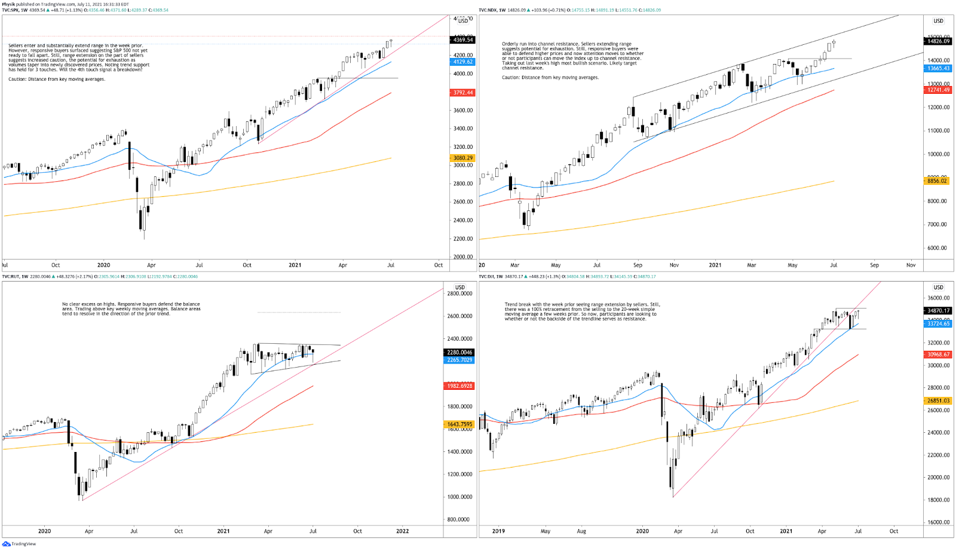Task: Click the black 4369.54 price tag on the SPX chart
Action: pos(463,39)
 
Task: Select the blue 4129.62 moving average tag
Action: pos(463,62)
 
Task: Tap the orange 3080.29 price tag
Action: pos(463,158)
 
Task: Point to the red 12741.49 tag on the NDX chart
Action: pos(938,90)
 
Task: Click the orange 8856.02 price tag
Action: pos(937,181)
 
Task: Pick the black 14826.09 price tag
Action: pos(938,41)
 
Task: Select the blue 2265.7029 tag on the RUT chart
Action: pos(459,360)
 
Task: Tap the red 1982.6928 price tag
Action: pos(459,386)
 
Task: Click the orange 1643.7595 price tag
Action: pos(459,424)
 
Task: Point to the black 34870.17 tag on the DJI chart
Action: pos(938,310)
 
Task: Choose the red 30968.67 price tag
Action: pos(938,355)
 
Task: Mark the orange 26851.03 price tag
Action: pos(938,401)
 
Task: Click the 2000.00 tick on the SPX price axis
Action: pos(463,257)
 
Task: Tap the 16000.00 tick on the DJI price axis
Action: pos(938,522)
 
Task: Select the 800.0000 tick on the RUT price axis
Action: pos(459,520)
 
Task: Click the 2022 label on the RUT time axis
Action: pos(402,531)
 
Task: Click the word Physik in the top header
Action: pos(8,4)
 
